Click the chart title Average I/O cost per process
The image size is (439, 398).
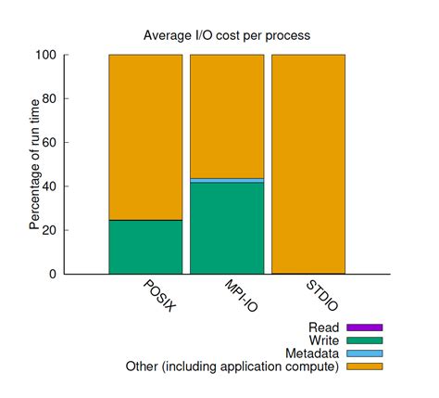[227, 35]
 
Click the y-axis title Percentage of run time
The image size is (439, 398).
[35, 164]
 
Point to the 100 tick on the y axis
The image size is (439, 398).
[61, 55]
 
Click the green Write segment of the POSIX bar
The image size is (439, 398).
[145, 247]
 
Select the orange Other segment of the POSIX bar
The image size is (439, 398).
[145, 136]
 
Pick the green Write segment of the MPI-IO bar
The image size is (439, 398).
[227, 228]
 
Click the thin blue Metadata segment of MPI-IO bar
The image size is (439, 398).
[227, 180]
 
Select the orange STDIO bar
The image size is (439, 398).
[308, 163]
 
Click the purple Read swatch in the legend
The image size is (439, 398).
[364, 327]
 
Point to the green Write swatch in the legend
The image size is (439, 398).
[364, 340]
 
